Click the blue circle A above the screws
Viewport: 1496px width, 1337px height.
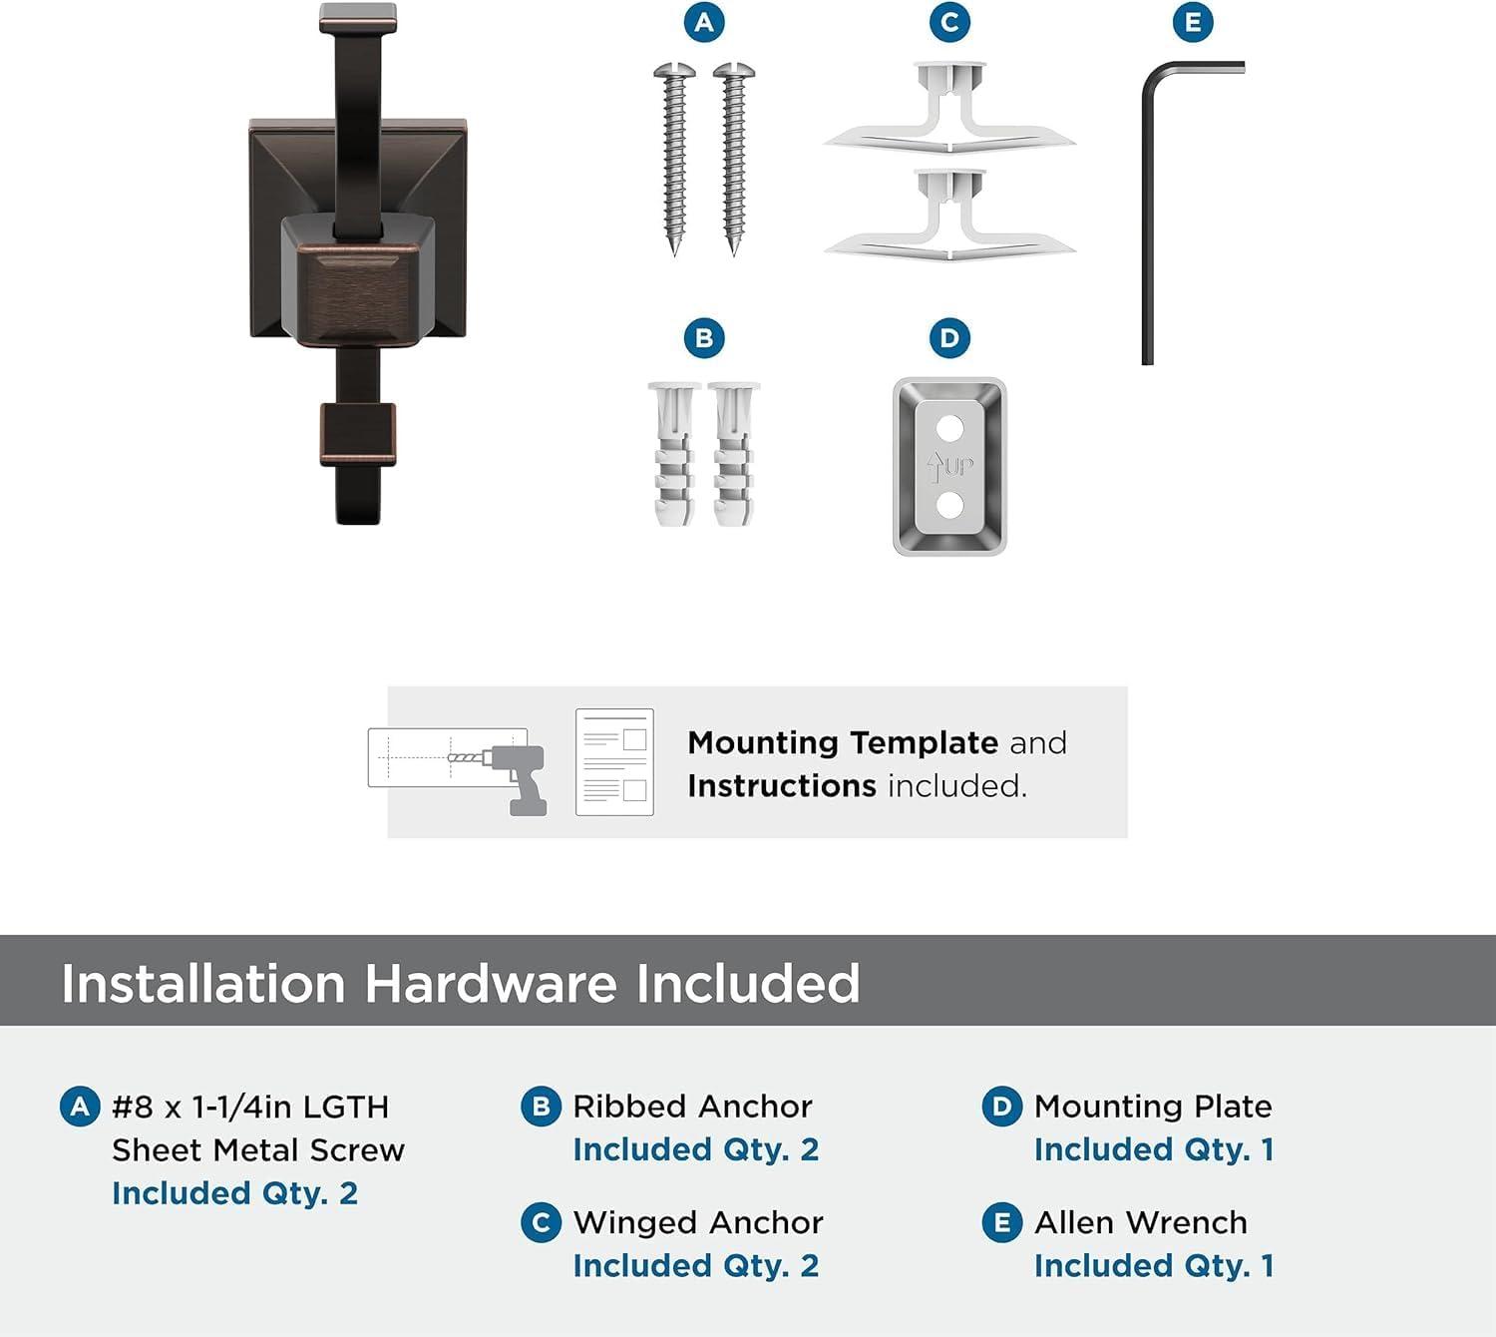[x=704, y=22]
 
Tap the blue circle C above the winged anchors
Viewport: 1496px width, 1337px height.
[x=949, y=22]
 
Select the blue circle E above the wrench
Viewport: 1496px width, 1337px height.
[x=1193, y=22]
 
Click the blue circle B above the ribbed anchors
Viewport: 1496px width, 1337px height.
[x=704, y=338]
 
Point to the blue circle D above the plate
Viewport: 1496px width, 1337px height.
[x=949, y=338]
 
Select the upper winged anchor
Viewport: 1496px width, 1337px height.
[x=949, y=108]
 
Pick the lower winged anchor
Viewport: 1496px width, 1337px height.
[x=949, y=215]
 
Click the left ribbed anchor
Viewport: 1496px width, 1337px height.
[x=674, y=454]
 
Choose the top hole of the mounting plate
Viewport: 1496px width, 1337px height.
[x=949, y=428]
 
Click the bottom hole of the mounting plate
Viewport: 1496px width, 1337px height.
[x=949, y=505]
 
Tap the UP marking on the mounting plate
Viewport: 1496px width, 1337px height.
[x=950, y=467]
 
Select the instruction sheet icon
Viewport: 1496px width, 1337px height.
[x=614, y=762]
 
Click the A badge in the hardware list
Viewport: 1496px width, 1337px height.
[x=80, y=1107]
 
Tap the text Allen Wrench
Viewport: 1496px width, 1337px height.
[x=1141, y=1222]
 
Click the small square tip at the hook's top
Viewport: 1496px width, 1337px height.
[x=358, y=18]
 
